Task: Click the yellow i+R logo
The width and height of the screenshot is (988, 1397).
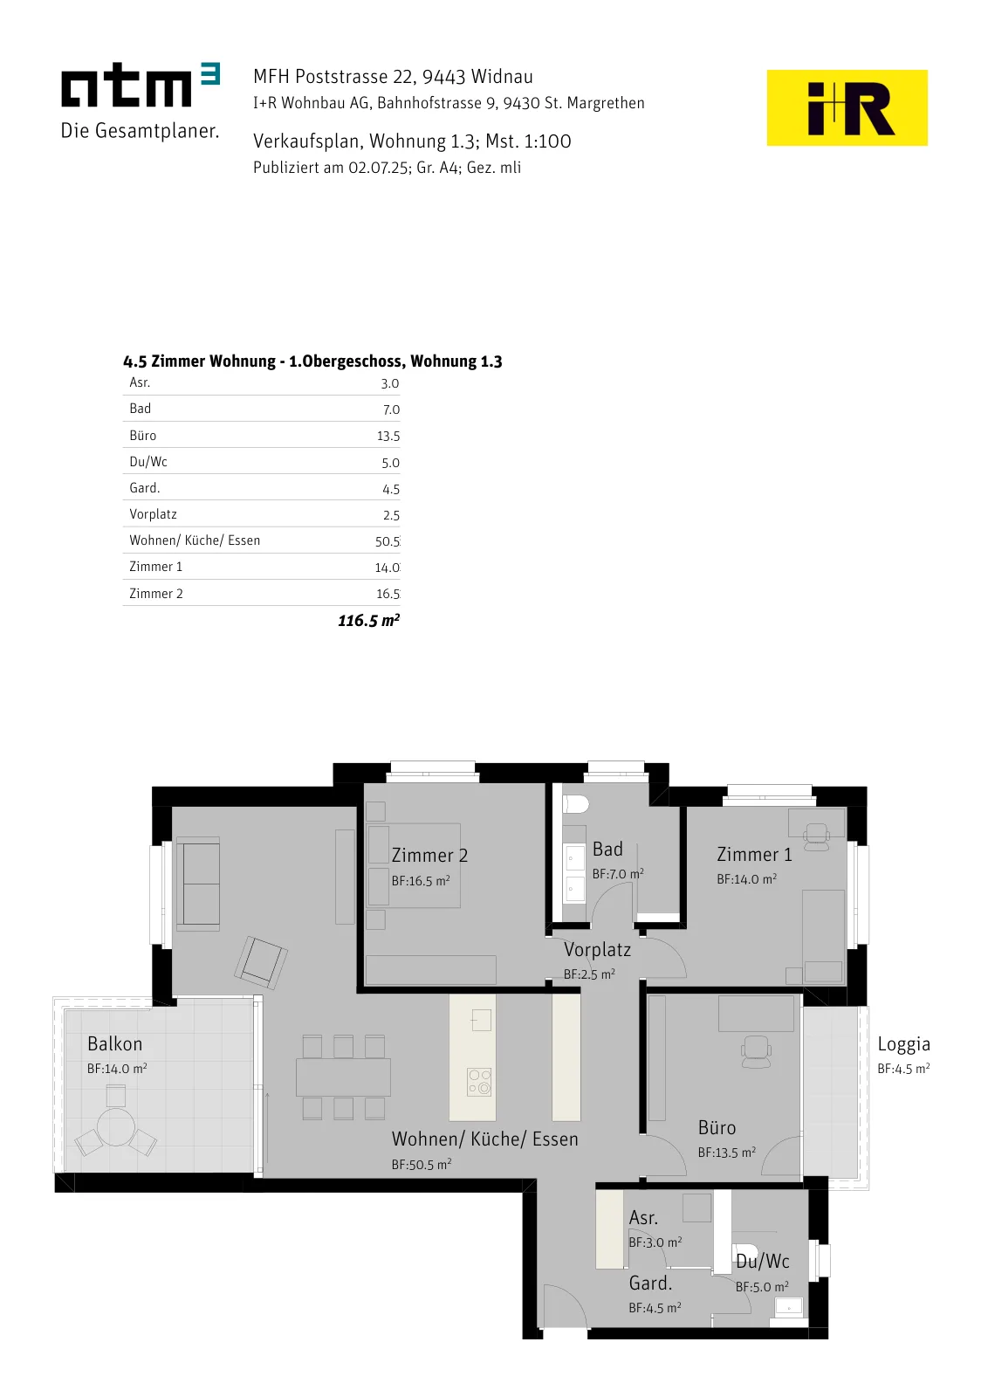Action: [x=847, y=108]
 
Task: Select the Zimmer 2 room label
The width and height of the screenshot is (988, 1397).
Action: [x=429, y=855]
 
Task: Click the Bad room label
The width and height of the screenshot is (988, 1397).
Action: [x=607, y=849]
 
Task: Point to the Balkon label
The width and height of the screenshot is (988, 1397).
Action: [x=114, y=1043]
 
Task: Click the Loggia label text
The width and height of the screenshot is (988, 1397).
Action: [x=904, y=1044]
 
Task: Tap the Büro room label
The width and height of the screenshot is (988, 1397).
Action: [x=717, y=1127]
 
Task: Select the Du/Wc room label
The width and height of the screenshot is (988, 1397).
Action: [x=762, y=1261]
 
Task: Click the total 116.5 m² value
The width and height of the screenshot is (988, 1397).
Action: [x=368, y=621]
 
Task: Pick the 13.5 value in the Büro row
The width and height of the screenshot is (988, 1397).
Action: [x=388, y=436]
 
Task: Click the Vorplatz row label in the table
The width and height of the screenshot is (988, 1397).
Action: [x=153, y=514]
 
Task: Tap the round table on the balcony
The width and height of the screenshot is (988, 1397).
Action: [x=116, y=1126]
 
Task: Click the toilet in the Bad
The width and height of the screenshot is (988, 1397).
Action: [x=576, y=804]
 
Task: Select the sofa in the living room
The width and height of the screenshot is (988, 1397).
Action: [x=198, y=884]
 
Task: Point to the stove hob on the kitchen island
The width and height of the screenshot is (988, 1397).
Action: [x=479, y=1082]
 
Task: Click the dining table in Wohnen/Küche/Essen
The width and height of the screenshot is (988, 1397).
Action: [x=344, y=1077]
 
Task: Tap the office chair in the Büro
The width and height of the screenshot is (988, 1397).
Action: [x=756, y=1052]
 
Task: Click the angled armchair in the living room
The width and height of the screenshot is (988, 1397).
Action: [x=261, y=962]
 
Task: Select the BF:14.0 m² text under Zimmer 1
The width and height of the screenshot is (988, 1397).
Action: [x=747, y=879]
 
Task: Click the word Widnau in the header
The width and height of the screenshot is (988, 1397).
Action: [x=502, y=77]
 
